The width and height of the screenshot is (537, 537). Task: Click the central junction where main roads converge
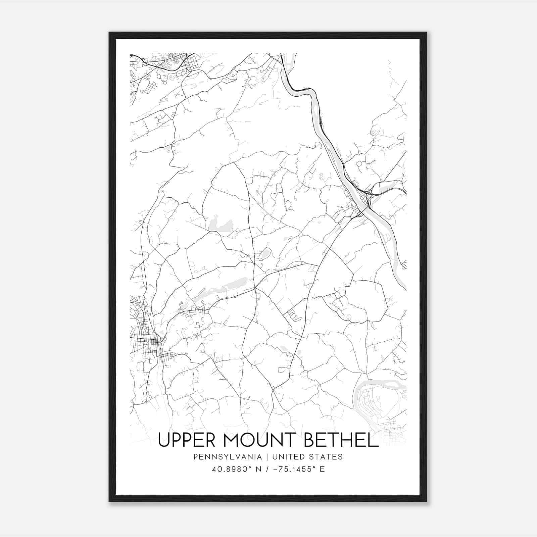coord(255,288)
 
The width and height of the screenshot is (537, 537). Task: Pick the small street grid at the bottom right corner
coord(391,430)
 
